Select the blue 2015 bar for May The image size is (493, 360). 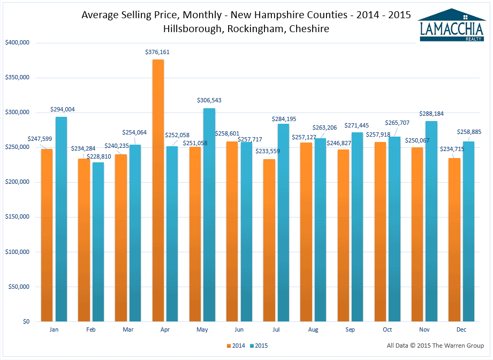tap(209, 214)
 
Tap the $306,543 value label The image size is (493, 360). tap(209, 101)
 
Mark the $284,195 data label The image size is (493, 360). tap(283, 119)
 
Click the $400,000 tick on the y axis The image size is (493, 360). tap(17, 43)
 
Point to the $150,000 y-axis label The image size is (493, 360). tap(17, 217)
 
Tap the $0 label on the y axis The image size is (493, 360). tap(25, 321)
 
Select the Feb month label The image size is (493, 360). tap(91, 330)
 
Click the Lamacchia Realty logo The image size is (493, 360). tap(452, 25)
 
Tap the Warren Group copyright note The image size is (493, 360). tap(435, 346)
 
